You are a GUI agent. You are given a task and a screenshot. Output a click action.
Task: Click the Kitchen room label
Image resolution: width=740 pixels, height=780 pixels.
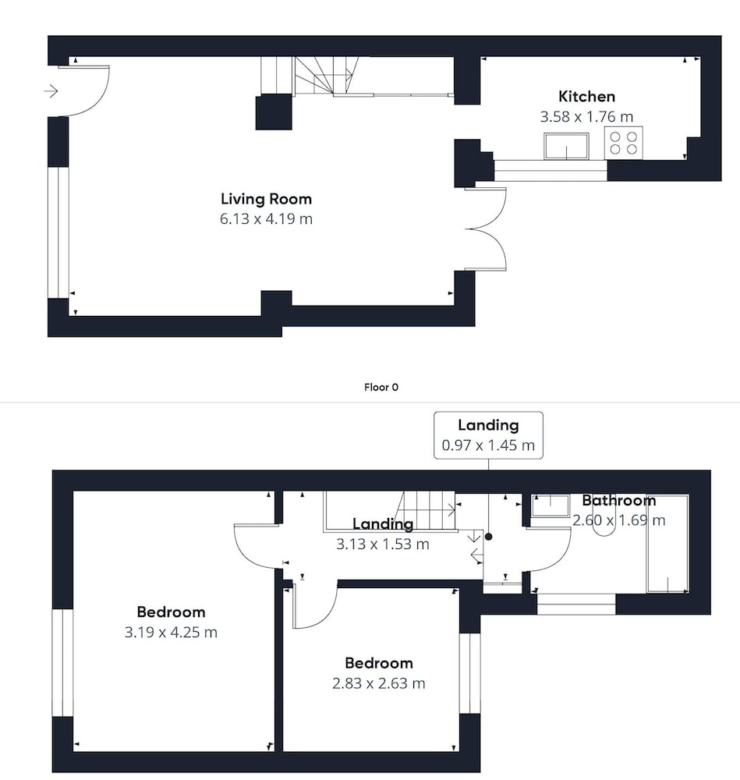(x=586, y=96)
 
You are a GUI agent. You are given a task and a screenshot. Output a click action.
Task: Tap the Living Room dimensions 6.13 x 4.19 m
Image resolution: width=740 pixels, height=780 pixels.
(x=266, y=219)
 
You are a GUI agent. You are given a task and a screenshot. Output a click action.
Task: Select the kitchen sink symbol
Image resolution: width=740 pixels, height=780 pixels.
(x=566, y=147)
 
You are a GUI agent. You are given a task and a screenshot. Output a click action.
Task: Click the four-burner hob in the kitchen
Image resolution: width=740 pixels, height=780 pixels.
(x=624, y=143)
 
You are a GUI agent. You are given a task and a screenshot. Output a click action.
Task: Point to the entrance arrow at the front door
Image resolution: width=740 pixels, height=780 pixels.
(x=51, y=91)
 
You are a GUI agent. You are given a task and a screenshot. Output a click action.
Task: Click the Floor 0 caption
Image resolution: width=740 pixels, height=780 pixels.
(x=381, y=387)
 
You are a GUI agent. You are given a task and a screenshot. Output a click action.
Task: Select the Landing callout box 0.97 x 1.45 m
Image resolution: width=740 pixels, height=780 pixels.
(x=488, y=435)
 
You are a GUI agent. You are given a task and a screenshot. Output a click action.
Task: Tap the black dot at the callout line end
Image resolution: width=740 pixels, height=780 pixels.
(x=489, y=537)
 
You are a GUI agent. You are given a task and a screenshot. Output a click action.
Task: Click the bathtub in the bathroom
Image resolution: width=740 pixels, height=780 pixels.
(x=667, y=544)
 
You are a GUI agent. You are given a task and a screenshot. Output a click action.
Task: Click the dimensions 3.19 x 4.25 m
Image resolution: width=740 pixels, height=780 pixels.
(x=171, y=633)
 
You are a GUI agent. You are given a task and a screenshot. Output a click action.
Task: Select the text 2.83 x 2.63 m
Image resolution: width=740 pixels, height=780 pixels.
(x=378, y=683)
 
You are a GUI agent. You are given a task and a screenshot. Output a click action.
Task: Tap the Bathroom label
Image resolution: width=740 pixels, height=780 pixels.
(x=618, y=500)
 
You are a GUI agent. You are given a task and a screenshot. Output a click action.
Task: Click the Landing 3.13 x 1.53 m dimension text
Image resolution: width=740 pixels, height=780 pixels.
(x=382, y=544)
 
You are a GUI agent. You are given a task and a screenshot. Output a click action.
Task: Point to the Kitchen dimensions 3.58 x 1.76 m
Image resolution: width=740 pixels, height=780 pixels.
(x=586, y=117)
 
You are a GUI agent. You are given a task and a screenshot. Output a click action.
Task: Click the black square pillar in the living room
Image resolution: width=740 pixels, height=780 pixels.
(x=274, y=112)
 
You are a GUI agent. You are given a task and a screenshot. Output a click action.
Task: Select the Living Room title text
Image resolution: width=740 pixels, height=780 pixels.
(x=266, y=199)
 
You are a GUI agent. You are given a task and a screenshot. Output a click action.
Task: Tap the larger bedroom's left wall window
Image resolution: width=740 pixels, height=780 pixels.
(x=62, y=662)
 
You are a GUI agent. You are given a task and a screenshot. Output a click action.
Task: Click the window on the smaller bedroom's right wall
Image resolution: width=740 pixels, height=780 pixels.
(x=469, y=673)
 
